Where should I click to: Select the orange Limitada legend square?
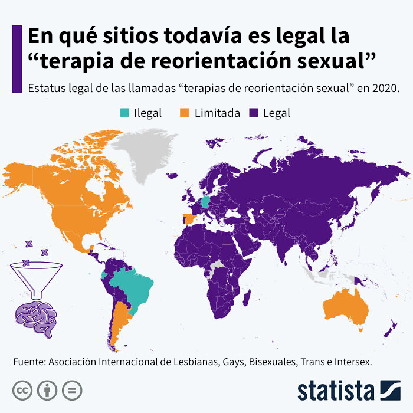(183, 113)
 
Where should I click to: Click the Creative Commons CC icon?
(22, 390)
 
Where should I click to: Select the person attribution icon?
(47, 390)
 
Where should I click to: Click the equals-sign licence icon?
(71, 390)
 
